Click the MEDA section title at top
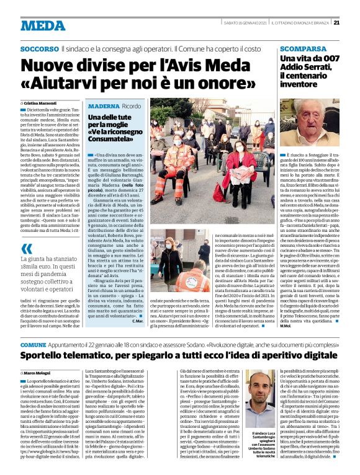tap(42, 25)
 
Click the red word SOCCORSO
tap(40, 48)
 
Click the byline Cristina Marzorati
tap(43, 102)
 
